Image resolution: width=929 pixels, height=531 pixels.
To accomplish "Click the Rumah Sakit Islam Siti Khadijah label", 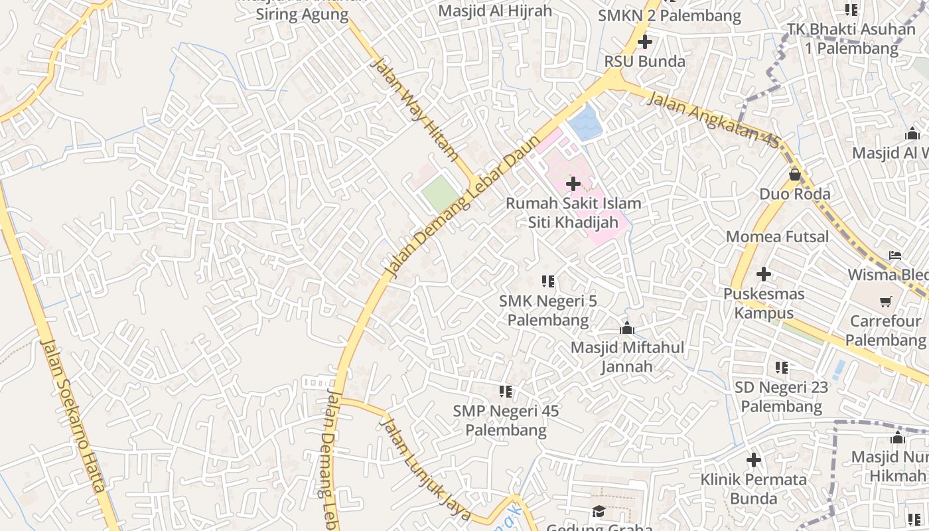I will coord(573,212).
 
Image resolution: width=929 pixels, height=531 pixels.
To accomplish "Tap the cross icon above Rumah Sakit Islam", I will coord(573,184).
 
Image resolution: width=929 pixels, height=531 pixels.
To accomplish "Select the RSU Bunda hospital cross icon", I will coord(644,42).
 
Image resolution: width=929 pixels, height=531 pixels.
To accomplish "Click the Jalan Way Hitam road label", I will coord(415,110).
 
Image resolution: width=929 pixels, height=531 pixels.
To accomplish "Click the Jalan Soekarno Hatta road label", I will coord(73,415).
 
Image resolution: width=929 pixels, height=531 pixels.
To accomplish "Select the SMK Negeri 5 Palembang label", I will coord(548,311).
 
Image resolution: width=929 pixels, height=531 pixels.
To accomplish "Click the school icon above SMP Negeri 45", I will coord(506,392).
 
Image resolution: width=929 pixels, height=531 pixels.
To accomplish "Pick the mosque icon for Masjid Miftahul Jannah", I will coord(627,328).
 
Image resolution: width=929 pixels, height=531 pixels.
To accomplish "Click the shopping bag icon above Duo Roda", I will coord(795,175).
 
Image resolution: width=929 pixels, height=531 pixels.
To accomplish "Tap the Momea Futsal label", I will coord(777,237).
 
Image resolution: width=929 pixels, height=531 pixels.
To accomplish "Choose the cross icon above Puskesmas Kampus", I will coord(764,273).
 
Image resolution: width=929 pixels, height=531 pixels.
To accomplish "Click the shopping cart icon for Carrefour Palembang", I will coord(885,302).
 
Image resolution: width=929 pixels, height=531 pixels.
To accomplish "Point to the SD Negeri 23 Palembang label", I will coord(782,396).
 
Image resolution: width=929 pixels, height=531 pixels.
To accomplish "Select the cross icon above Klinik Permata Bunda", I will coord(753,459).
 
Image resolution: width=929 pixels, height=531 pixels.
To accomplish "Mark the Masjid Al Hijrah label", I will coord(495,11).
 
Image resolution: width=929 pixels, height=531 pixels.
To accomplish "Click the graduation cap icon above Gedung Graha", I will coord(599,510).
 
